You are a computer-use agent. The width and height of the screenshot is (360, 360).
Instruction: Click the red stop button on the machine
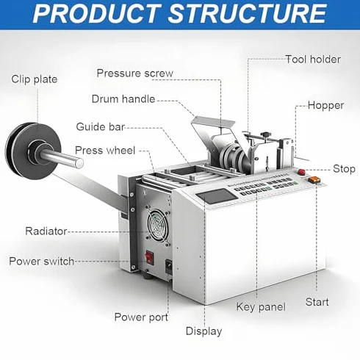[x=301, y=171]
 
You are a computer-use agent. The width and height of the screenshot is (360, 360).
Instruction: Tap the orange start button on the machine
[x=314, y=179]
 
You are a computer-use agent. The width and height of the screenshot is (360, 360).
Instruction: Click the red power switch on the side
[x=149, y=257]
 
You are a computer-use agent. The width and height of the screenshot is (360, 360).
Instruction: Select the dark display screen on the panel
[x=216, y=197]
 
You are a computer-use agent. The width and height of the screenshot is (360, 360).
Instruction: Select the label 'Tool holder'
[x=313, y=60]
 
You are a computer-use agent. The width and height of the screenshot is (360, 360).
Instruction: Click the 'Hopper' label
[x=325, y=106]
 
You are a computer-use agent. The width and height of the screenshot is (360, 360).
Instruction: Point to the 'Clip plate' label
[x=35, y=79]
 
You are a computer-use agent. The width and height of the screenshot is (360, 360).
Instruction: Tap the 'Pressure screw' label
[x=134, y=73]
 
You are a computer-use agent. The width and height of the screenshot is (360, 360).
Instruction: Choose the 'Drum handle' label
[x=123, y=99]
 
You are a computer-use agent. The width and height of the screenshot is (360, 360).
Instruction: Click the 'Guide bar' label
[x=101, y=127]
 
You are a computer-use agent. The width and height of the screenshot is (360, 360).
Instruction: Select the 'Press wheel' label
[x=105, y=151]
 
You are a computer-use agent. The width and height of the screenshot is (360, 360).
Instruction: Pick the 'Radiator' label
[x=46, y=231]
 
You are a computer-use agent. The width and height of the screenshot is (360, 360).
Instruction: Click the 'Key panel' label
[x=261, y=307]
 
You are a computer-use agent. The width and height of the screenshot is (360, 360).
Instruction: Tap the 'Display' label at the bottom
[x=204, y=331]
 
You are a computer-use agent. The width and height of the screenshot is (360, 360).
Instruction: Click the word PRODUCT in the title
[x=97, y=13]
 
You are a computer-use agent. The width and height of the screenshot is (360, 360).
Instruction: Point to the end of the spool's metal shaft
[x=79, y=163]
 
